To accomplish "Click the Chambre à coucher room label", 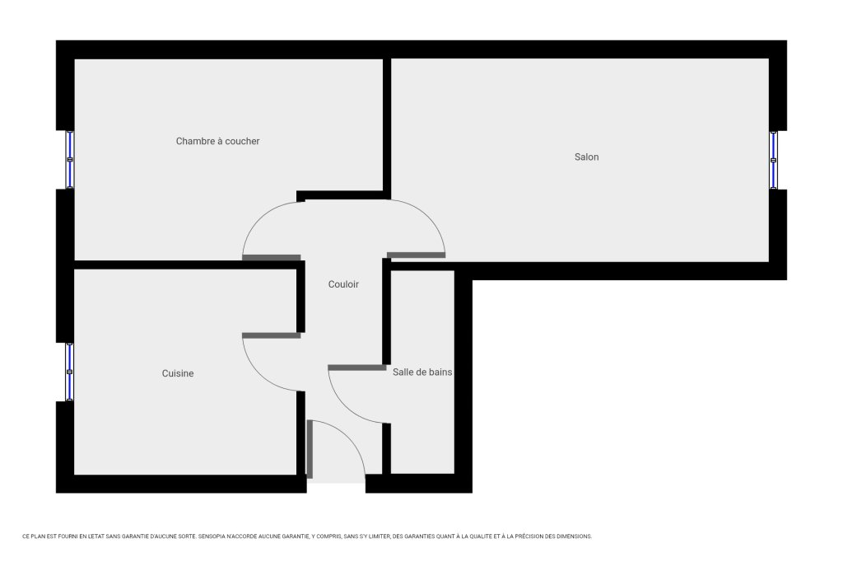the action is coord(217,141).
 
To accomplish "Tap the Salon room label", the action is coord(586,157).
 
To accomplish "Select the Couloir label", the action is coord(343,284).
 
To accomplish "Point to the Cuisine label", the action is coord(178,373).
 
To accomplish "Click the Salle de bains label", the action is coord(422,372).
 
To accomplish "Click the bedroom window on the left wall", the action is coord(69,160).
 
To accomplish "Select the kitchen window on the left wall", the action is coord(69,372).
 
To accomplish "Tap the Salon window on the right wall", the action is coord(773,160).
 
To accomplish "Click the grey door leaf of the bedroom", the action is coord(272,258).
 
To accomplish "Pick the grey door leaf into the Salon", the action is coord(416,255).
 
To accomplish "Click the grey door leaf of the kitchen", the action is coord(272,336).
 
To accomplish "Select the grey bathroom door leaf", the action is coord(357,368).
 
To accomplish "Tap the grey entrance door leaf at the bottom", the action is coord(310,449).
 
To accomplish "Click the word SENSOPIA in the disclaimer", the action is coord(211,536).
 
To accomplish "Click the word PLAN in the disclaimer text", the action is coord(36,536).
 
